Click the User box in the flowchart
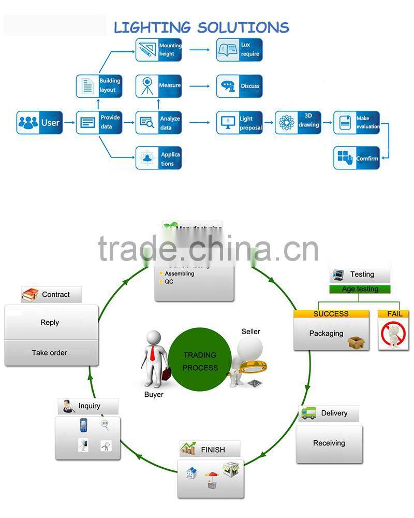click(39, 123)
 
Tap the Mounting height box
click(159, 50)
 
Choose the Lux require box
click(239, 50)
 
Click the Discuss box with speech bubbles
click(239, 86)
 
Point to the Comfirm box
click(356, 158)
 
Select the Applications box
click(159, 158)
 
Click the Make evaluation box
click(357, 123)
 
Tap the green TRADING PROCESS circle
click(200, 361)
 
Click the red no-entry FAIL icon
click(393, 335)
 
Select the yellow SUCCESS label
click(331, 314)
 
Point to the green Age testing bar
click(360, 289)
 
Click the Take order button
click(51, 353)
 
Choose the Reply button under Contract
click(51, 322)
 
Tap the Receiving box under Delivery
click(329, 443)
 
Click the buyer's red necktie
click(154, 353)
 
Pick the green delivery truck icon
click(309, 413)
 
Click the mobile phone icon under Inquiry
click(83, 426)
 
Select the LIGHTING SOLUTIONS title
click(201, 27)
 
